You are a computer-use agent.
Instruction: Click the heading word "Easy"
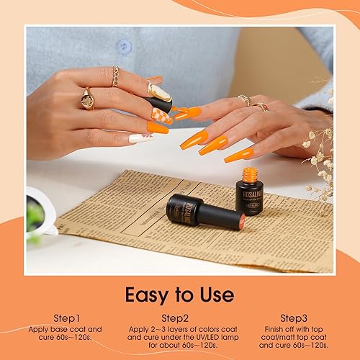(148, 294)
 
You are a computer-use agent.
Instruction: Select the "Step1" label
(67, 318)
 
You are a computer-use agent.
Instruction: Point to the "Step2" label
(176, 318)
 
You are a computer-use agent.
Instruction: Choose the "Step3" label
(294, 318)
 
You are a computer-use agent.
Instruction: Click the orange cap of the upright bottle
(250, 175)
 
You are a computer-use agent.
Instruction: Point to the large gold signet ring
(87, 99)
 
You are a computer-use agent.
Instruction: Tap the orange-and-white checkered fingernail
(161, 115)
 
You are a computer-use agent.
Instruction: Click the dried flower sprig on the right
(319, 155)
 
